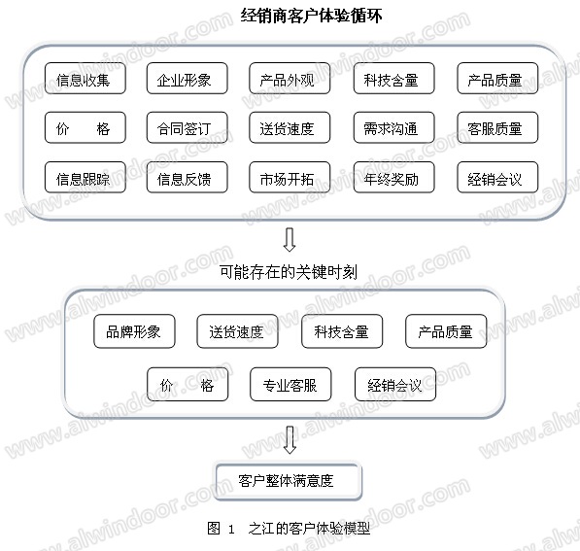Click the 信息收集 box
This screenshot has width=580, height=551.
(x=85, y=78)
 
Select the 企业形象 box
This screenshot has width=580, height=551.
(x=188, y=78)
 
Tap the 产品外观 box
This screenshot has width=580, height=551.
(x=290, y=78)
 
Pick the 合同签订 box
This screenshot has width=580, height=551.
(x=188, y=127)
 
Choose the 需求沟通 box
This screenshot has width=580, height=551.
(x=393, y=127)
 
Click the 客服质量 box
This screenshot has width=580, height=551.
(x=497, y=127)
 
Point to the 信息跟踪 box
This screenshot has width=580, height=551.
(x=85, y=177)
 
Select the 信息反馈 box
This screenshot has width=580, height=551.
(x=188, y=177)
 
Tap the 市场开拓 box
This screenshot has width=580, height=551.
(x=290, y=177)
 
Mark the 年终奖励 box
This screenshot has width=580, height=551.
(x=393, y=177)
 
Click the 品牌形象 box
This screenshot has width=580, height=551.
(x=134, y=331)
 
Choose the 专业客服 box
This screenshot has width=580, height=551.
(x=290, y=384)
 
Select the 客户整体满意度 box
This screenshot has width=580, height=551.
(x=289, y=481)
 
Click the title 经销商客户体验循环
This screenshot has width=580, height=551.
(x=311, y=16)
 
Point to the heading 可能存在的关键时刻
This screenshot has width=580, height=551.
(x=289, y=272)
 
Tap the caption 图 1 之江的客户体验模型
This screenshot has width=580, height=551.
(x=289, y=528)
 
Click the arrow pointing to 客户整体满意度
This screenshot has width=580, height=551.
(x=290, y=440)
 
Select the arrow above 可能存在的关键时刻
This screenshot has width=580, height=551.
(x=290, y=240)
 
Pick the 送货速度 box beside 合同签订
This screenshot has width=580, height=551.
(x=290, y=127)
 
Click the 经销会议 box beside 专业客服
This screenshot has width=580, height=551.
(x=395, y=384)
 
